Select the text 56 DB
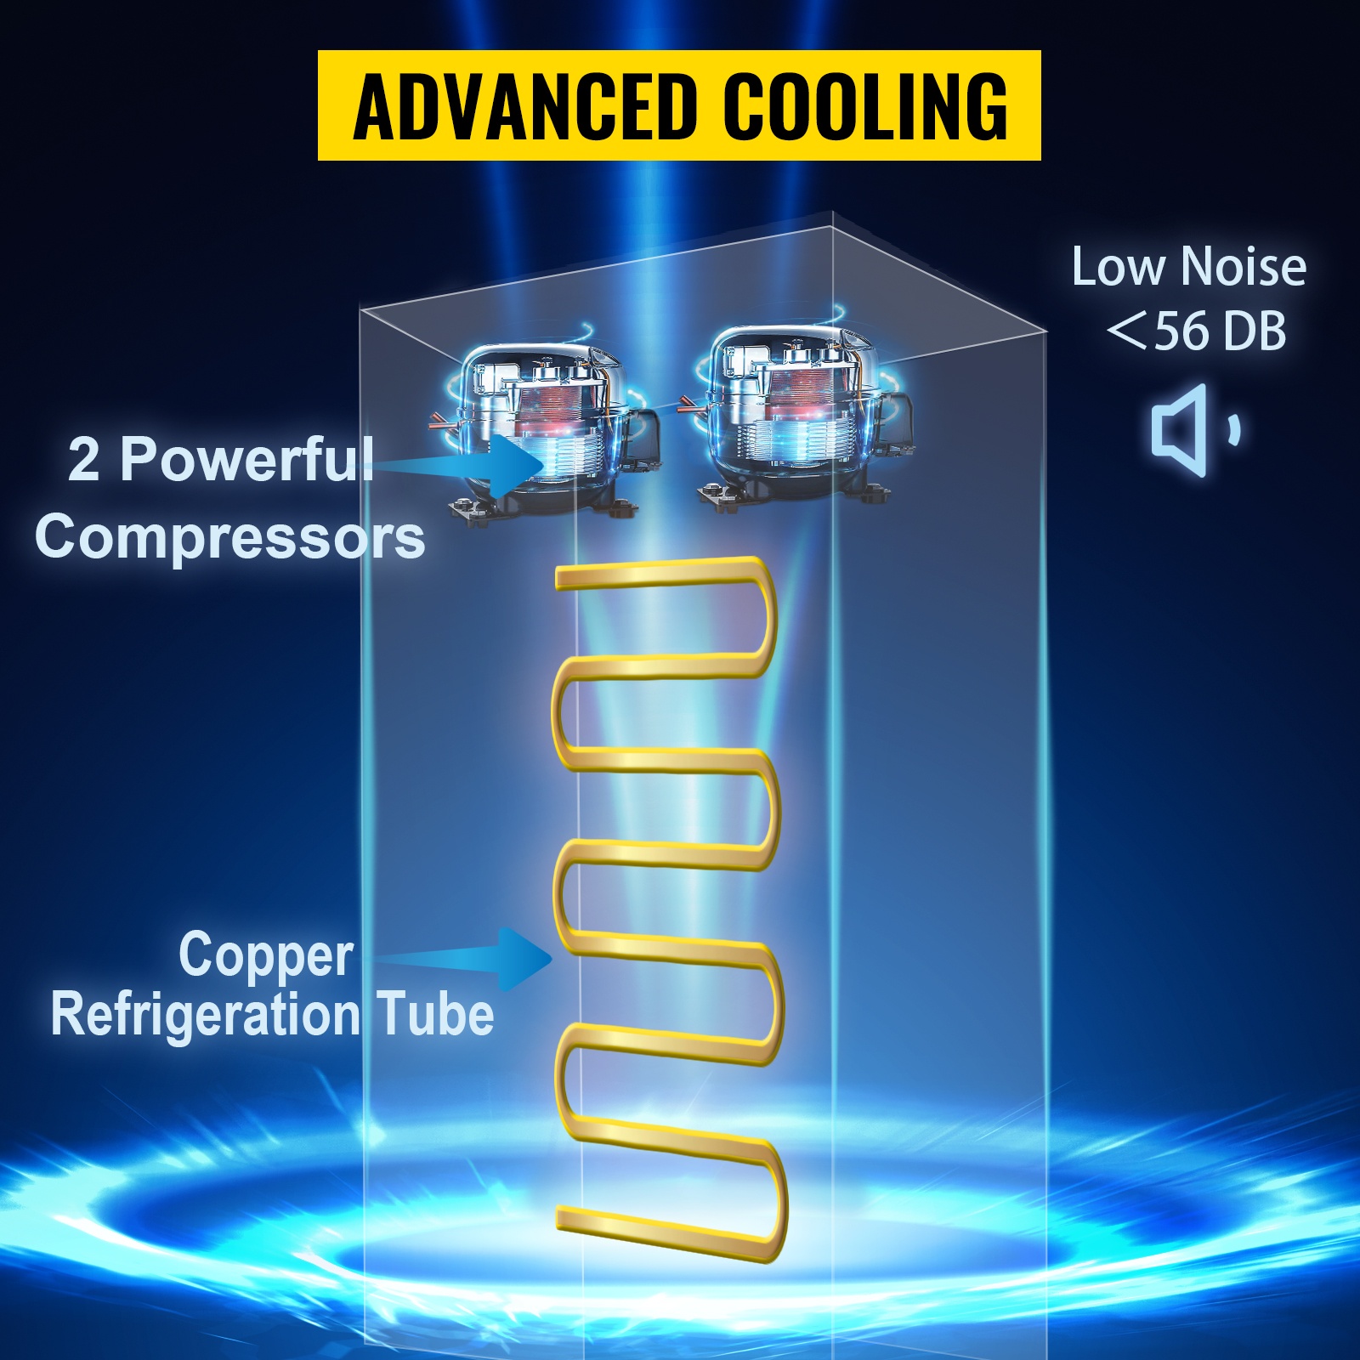[x=1220, y=331]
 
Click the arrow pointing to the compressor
[x=476, y=464]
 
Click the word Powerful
[x=246, y=459]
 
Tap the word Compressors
[x=229, y=537]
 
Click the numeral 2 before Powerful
[x=83, y=459]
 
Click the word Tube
[x=435, y=1015]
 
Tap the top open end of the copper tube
[x=563, y=578]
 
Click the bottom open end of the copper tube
[x=563, y=1218]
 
